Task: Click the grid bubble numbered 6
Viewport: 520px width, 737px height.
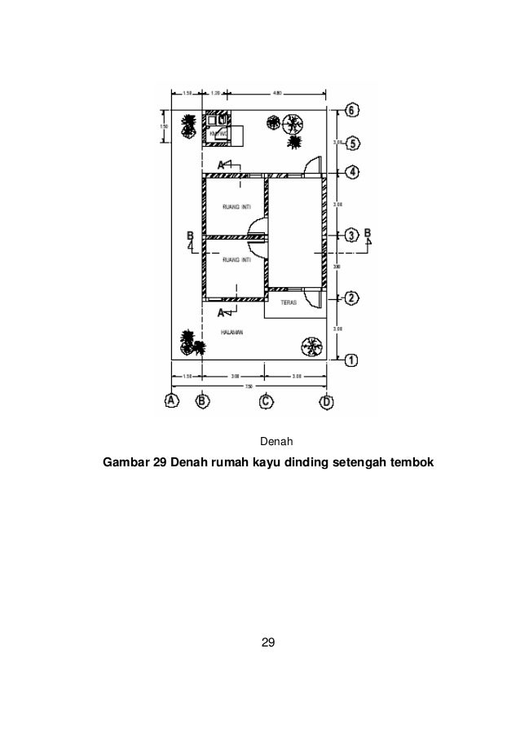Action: pos(351,109)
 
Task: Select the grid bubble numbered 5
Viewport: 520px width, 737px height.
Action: pos(351,143)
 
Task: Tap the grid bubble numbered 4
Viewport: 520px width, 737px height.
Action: pos(351,172)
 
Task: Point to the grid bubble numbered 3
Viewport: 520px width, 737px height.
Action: pos(350,235)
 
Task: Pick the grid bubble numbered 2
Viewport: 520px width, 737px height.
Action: pos(350,297)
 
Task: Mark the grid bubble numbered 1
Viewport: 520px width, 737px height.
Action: pos(351,359)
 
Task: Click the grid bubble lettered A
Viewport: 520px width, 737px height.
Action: pos(172,400)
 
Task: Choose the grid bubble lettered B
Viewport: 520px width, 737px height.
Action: pos(202,400)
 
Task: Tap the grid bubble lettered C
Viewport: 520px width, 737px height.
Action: pos(265,400)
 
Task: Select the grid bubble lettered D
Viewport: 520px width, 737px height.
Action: pos(327,400)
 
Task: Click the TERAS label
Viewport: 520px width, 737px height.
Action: pos(288,302)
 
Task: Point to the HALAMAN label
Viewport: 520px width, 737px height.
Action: pos(233,333)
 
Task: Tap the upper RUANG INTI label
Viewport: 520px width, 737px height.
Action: pos(236,207)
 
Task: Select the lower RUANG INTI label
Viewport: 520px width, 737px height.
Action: pos(236,259)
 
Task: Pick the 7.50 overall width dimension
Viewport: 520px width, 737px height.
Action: pos(249,386)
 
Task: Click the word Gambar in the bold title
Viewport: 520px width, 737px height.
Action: pos(125,465)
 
